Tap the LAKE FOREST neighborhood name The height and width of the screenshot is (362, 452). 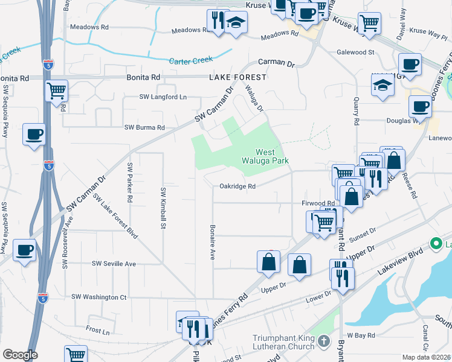click(x=237, y=78)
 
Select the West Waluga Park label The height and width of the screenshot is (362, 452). click(x=271, y=156)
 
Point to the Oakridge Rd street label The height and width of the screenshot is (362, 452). click(x=237, y=186)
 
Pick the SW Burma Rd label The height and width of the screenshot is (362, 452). click(x=144, y=128)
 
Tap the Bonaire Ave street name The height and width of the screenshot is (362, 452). click(x=212, y=242)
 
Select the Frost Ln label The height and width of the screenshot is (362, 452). click(x=97, y=331)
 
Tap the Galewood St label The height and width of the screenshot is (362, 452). click(x=356, y=52)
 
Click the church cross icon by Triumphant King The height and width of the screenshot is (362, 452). click(x=324, y=342)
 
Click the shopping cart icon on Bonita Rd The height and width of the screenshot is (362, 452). click(x=56, y=91)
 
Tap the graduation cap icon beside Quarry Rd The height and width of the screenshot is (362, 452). click(x=383, y=86)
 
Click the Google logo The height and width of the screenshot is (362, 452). click(x=20, y=355)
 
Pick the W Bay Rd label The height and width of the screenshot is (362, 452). click(x=361, y=335)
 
